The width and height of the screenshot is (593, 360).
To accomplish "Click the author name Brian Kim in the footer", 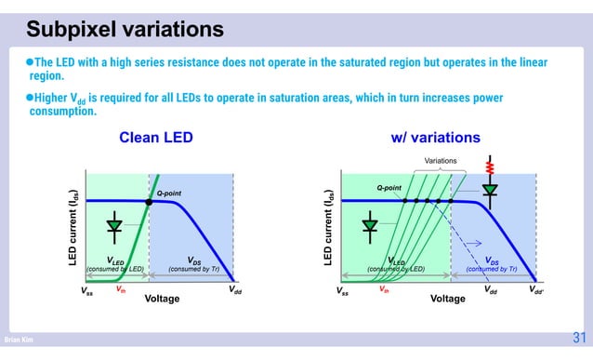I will coord(20,341).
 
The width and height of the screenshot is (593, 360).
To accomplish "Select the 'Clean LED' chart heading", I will coord(155,138).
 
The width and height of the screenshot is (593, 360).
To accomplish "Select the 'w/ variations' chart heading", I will coord(435,138).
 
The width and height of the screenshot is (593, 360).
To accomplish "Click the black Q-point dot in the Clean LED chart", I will coord(149,201).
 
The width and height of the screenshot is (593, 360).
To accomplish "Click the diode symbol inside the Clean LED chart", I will coord(114,225).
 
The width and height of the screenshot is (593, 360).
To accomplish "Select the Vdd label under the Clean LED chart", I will coord(236,290).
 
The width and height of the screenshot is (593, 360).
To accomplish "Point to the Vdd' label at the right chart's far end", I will coord(537,290).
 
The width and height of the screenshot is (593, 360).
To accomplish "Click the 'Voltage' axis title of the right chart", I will coord(447,300).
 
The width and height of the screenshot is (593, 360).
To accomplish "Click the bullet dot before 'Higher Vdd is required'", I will coord(29,98).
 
